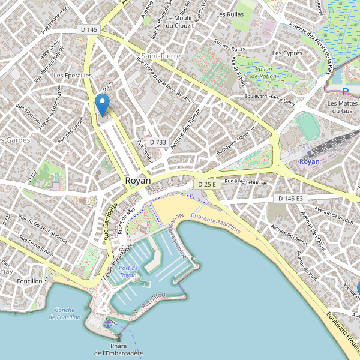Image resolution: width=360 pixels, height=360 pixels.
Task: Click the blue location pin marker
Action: pyautogui.click(x=103, y=104)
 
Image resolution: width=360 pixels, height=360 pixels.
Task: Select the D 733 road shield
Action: pyautogui.click(x=157, y=142)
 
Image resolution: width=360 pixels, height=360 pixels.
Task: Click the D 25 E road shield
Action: pyautogui.click(x=206, y=185)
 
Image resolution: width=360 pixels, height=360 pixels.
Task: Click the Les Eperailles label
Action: pyautogui.click(x=72, y=76)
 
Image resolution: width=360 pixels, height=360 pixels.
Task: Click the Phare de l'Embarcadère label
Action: pyautogui.click(x=118, y=349)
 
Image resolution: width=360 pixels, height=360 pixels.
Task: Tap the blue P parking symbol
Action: pyautogui.click(x=345, y=92)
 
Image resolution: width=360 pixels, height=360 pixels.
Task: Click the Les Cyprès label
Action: pyautogui.click(x=287, y=53)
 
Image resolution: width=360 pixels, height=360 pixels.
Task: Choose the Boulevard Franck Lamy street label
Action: pyautogui.click(x=270, y=100)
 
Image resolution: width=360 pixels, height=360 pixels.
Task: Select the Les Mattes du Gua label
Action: pyautogui.click(x=340, y=107)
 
